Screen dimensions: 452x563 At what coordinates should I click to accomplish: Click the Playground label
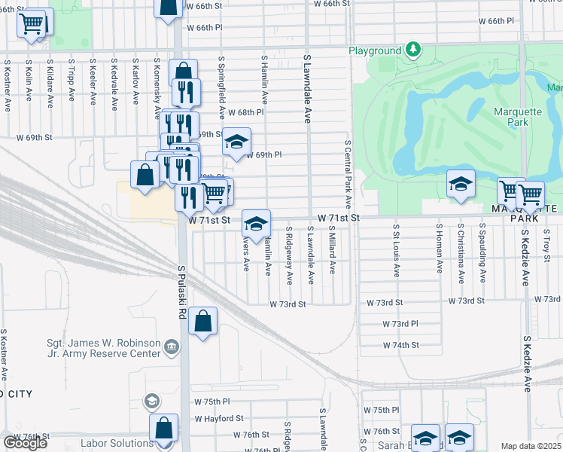coord(374,50)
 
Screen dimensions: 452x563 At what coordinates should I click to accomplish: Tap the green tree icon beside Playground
coord(412,50)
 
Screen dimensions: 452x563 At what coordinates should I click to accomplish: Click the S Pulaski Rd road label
coord(182,286)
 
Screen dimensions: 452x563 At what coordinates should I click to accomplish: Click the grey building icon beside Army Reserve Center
coord(172,347)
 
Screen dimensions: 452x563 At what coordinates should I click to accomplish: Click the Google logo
coord(25,442)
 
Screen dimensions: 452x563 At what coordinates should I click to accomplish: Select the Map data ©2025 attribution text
coord(531,446)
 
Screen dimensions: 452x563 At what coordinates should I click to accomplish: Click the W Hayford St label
coord(218,418)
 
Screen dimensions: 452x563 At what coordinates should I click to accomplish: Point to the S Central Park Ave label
coord(348,174)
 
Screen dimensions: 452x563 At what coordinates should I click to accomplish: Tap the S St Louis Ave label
coord(394,250)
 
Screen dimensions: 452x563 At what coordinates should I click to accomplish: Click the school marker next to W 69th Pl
coord(236,140)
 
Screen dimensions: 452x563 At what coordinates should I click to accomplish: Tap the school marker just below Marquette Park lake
coord(460,183)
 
